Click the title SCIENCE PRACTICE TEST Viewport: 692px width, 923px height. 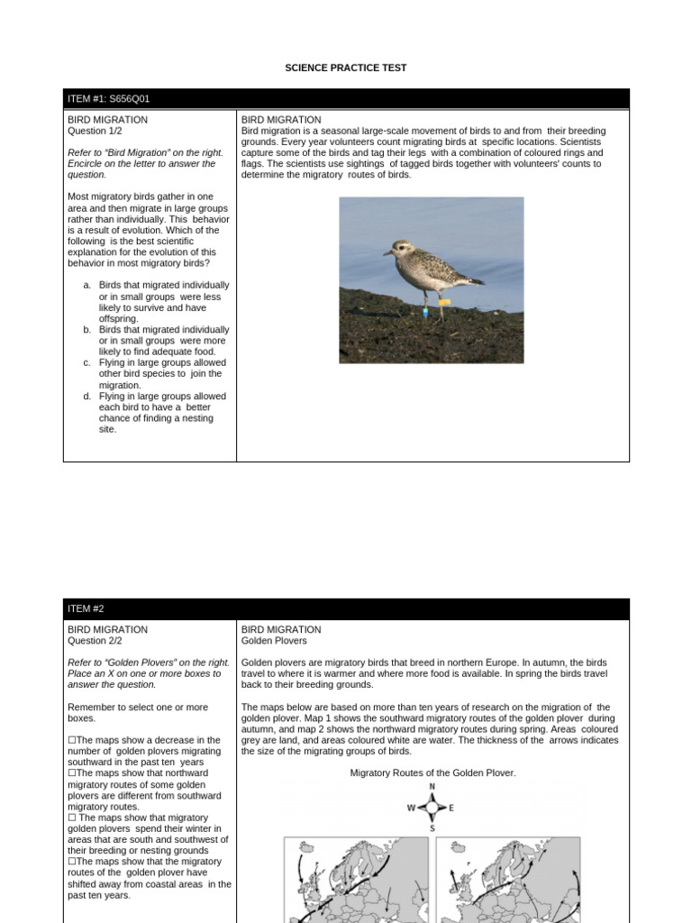pyautogui.click(x=346, y=68)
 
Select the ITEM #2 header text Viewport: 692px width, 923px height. pyautogui.click(x=86, y=609)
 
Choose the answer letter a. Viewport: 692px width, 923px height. pyautogui.click(x=86, y=285)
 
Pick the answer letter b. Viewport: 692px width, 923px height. pyautogui.click(x=86, y=330)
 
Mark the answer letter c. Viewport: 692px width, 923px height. pyautogui.click(x=86, y=363)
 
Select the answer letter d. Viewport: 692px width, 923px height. pyautogui.click(x=86, y=397)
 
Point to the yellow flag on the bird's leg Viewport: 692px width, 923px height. pyautogui.click(x=444, y=303)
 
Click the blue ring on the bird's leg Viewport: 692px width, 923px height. pyautogui.click(x=425, y=314)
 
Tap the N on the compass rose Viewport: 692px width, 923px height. pyautogui.click(x=432, y=787)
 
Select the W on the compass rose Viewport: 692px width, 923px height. pyautogui.click(x=411, y=808)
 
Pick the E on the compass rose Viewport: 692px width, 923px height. pyautogui.click(x=451, y=808)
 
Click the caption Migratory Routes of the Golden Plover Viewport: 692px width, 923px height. pyautogui.click(x=432, y=773)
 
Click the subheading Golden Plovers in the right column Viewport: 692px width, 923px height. pyautogui.click(x=274, y=641)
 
